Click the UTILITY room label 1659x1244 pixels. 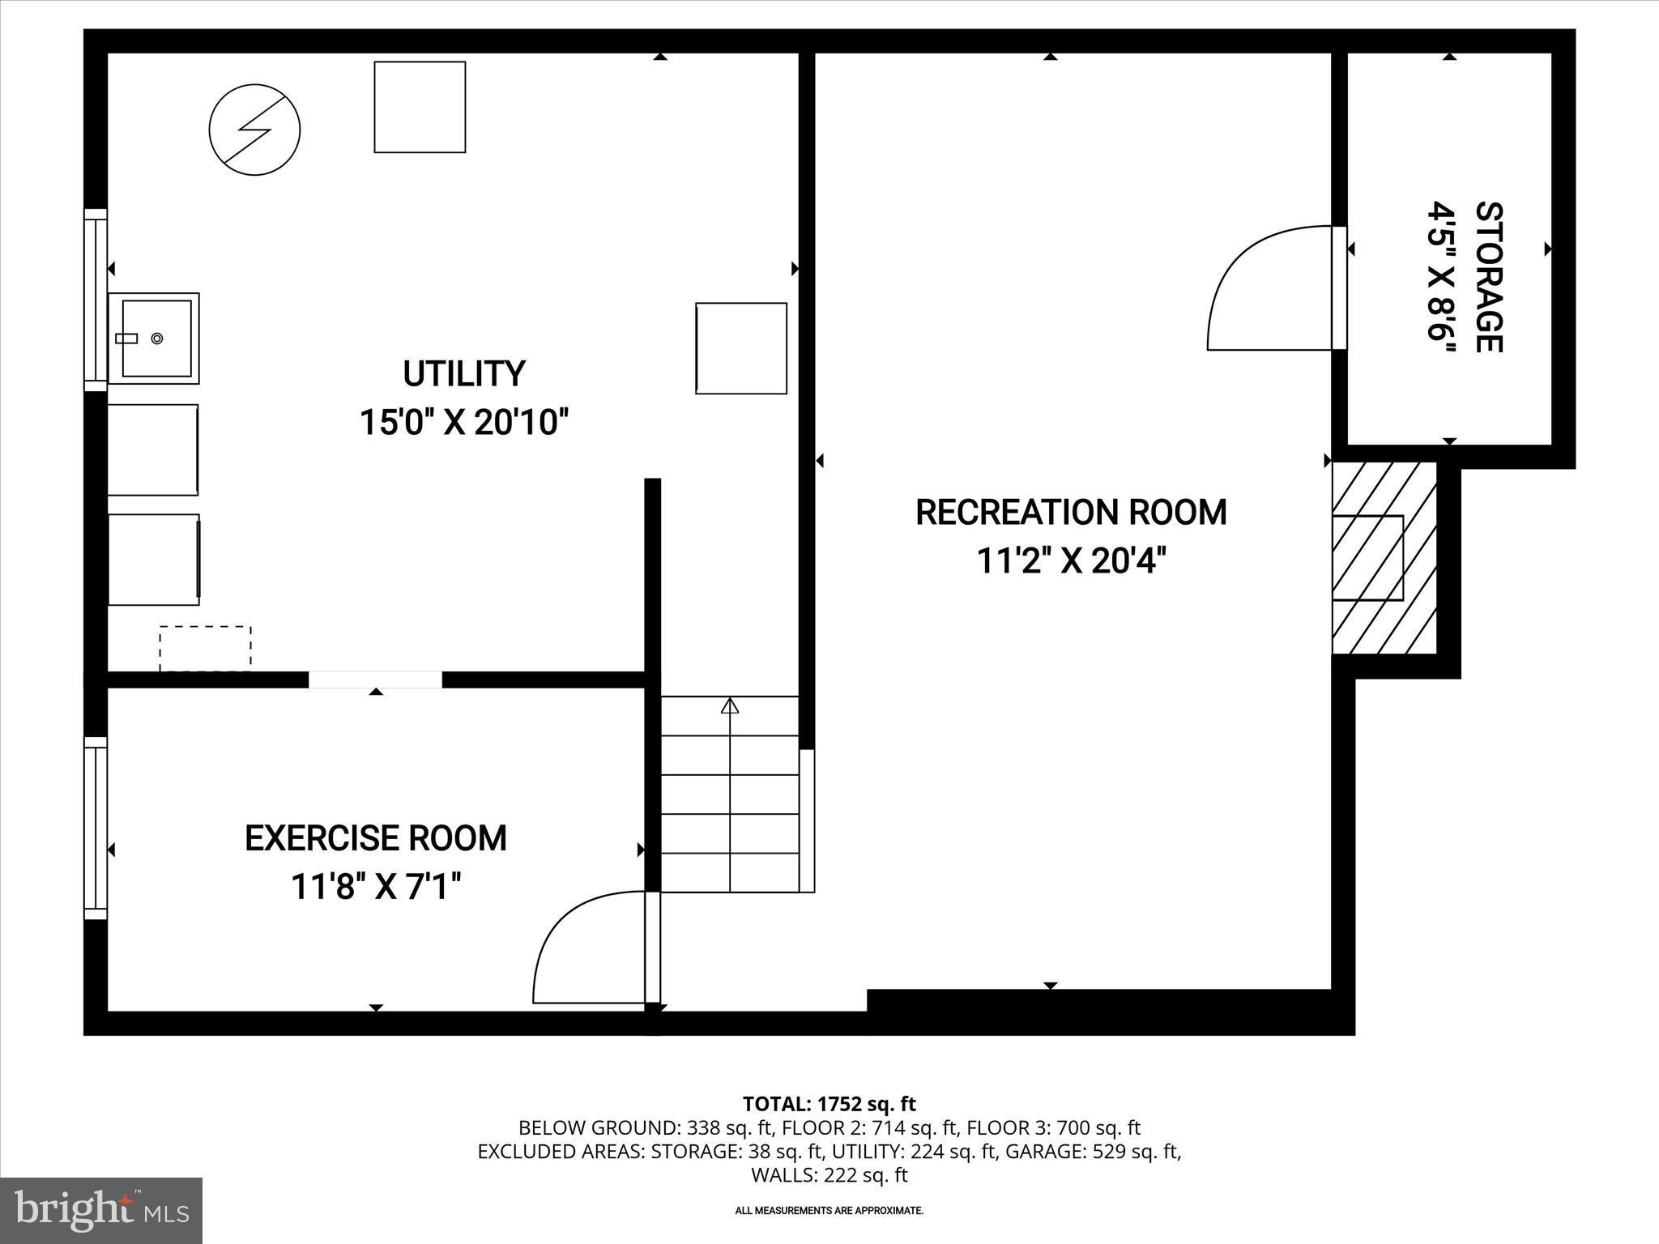coord(464,373)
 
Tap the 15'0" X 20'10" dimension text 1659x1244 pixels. coord(464,423)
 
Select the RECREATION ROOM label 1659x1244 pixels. coord(1071,512)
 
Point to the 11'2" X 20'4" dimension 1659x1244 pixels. coord(1071,560)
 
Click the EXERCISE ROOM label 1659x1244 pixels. coord(376,838)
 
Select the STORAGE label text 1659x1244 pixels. coord(1489,277)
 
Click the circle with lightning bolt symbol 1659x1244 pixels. coord(254,130)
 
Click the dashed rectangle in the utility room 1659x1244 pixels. coord(205,648)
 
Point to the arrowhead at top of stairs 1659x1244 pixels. coord(730,706)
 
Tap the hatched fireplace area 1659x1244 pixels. coord(1384,559)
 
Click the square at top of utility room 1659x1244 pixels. coord(420,107)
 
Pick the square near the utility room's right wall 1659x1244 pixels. coord(741,348)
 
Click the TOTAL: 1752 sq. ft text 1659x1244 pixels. coord(829,1104)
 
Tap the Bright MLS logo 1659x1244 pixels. coord(101,1211)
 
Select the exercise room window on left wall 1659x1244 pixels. coord(96,828)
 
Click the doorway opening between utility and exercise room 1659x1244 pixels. coord(375,680)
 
